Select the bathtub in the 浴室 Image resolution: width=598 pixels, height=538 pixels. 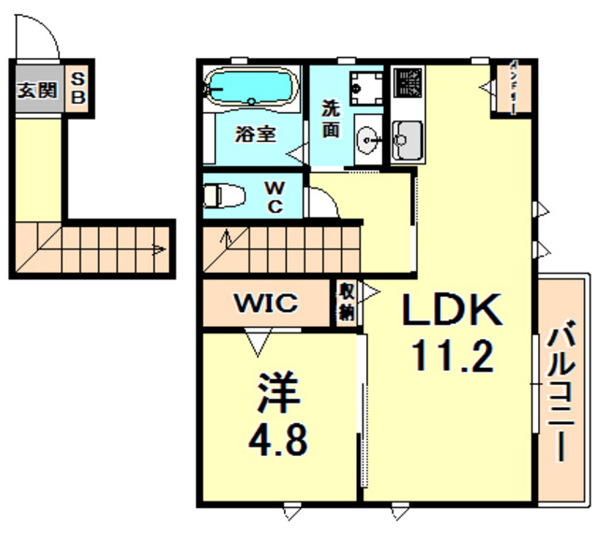click(x=250, y=88)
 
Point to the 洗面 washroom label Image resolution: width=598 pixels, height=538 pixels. click(x=332, y=118)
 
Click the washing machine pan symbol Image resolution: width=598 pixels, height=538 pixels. click(x=361, y=88)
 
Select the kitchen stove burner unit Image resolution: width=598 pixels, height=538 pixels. click(x=407, y=83)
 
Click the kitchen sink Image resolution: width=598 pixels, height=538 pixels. click(x=406, y=141)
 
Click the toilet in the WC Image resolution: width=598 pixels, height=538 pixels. click(x=225, y=196)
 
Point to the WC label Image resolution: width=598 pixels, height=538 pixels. click(x=278, y=197)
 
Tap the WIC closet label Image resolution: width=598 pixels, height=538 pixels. click(x=266, y=304)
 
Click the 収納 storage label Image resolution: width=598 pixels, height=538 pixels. click(x=347, y=303)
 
